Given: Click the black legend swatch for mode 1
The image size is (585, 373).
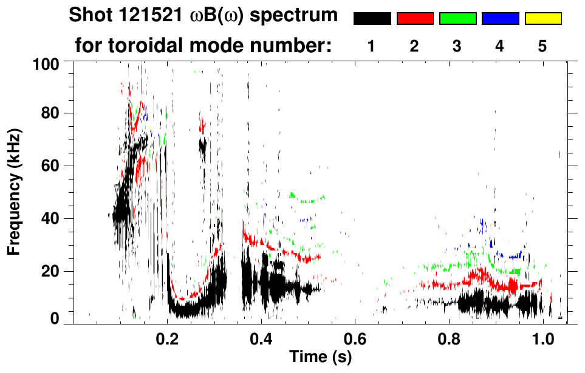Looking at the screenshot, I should (x=372, y=19).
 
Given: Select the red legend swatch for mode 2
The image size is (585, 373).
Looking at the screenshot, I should (x=415, y=19).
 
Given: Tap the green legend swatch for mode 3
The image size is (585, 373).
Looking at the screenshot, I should (x=457, y=19).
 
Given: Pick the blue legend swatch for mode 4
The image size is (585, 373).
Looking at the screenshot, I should (x=500, y=19).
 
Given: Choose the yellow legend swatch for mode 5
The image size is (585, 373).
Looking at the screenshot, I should (x=542, y=19).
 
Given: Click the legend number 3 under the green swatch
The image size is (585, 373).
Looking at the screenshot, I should (x=457, y=46).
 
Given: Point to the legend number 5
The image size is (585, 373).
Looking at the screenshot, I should (x=542, y=46).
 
